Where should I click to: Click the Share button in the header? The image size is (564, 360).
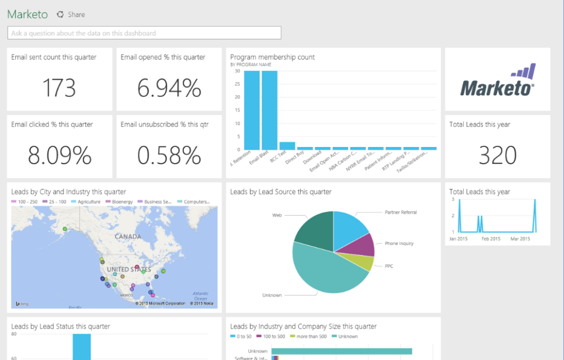[72, 14]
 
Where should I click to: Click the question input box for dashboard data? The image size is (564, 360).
[144, 33]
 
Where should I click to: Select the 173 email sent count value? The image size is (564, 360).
[59, 88]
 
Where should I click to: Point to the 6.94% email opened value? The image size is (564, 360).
[169, 88]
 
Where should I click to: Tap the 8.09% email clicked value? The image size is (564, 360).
[59, 156]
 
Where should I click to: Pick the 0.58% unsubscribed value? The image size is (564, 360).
[169, 156]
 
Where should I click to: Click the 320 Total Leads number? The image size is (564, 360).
[497, 156]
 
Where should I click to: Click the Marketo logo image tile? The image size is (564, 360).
[497, 79]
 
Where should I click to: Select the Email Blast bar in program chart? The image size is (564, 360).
[269, 110]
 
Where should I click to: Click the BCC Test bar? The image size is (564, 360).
[287, 146]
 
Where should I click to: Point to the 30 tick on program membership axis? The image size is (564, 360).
[237, 71]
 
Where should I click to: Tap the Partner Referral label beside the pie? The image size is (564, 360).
[400, 212]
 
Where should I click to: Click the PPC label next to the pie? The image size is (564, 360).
[389, 266]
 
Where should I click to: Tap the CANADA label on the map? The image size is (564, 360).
[128, 237]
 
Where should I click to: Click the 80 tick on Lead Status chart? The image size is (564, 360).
[13, 334]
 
